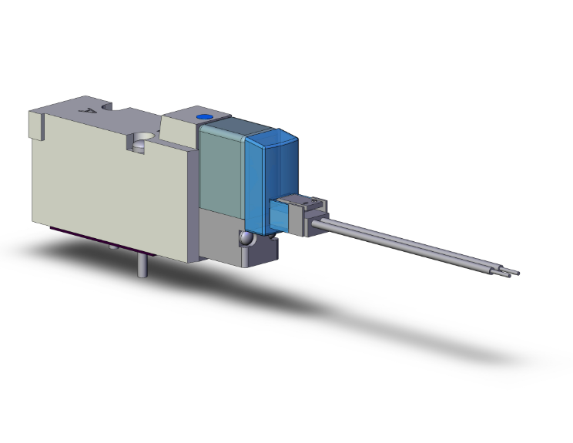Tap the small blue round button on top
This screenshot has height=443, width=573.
point(204,118)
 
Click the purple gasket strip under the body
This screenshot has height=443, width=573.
point(77,234)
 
